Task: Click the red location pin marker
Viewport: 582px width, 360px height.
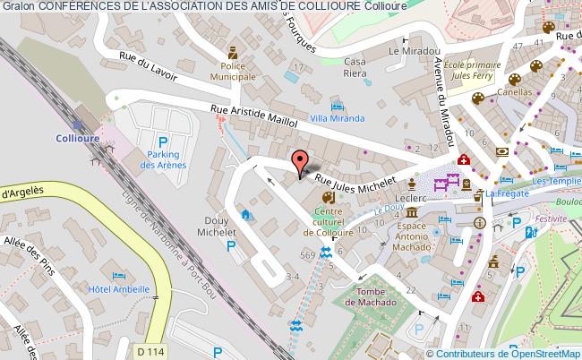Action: pyautogui.click(x=300, y=162)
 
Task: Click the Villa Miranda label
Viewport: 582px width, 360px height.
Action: pyautogui.click(x=336, y=118)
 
